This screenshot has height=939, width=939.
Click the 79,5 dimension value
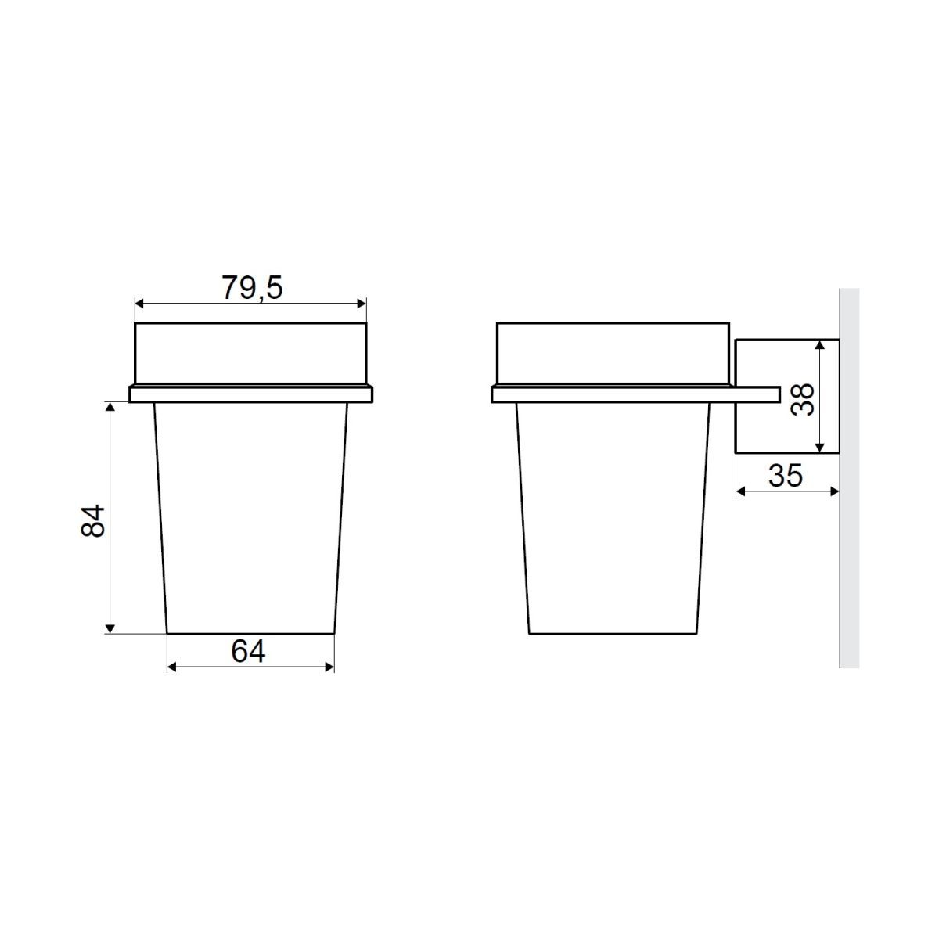[252, 288]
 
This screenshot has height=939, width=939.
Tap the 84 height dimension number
[92, 521]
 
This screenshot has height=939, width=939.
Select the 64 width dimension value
[248, 651]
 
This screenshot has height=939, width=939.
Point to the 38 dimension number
[802, 399]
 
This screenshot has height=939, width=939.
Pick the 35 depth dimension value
[786, 476]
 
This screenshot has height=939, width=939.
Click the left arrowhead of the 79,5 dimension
[139, 304]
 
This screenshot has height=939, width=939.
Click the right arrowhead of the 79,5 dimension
[361, 304]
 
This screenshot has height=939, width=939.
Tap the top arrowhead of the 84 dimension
[110, 407]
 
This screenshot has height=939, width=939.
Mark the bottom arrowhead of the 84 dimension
[110, 628]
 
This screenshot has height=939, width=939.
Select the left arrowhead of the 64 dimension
[172, 667]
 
